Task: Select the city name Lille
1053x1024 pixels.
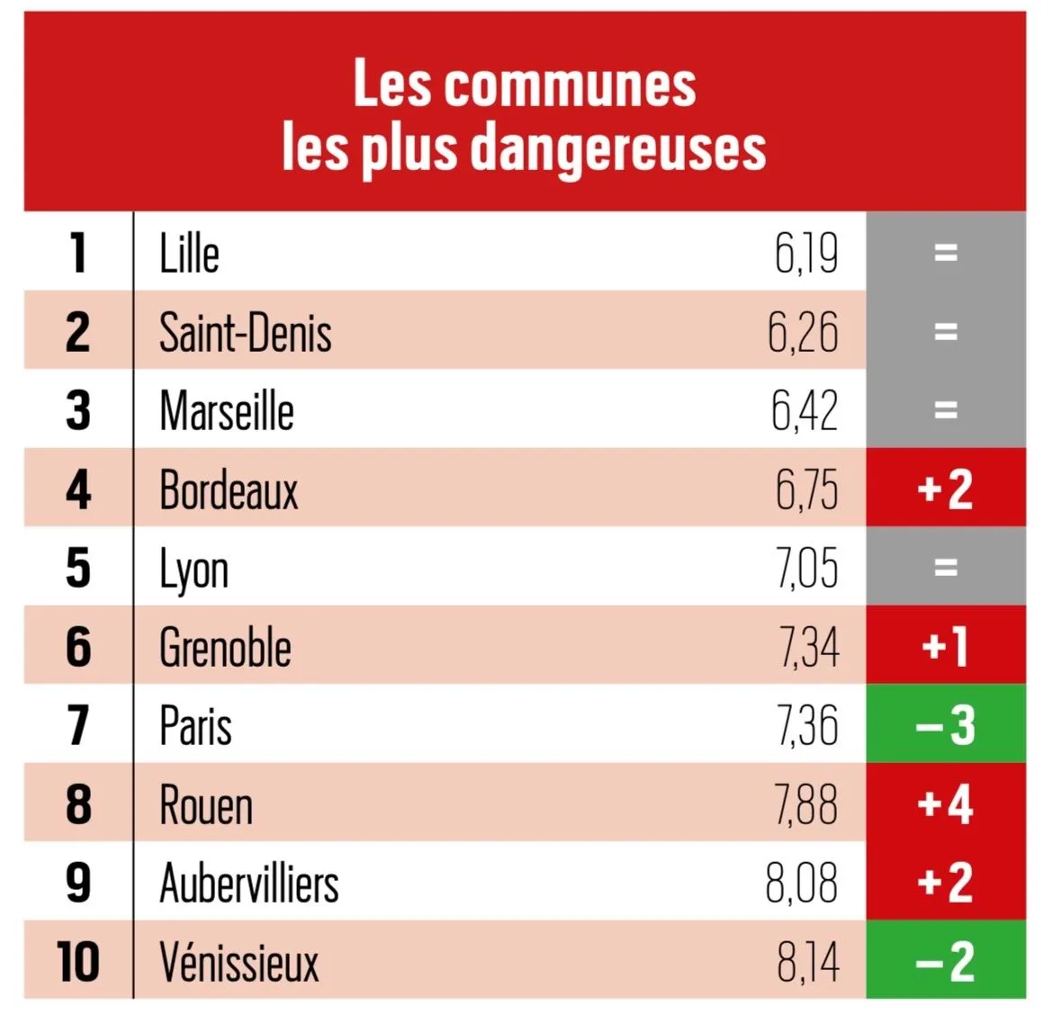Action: point(189,253)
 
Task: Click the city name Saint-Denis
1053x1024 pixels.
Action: point(246,332)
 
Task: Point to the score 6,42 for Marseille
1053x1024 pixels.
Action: point(805,410)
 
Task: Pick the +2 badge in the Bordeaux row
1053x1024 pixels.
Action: point(945,490)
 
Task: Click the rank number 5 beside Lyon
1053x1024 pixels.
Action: point(78,568)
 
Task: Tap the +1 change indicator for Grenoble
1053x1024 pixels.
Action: point(945,647)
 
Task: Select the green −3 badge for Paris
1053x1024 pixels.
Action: point(945,725)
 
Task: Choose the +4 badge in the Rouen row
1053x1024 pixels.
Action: point(945,804)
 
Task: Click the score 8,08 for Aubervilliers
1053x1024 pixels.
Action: point(802,883)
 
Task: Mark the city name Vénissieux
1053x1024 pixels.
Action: point(239,962)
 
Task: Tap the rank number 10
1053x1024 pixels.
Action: point(78,962)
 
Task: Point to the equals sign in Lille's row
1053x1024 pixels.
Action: point(945,253)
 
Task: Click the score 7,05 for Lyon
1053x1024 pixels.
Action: point(807,568)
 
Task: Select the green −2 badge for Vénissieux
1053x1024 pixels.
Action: point(945,961)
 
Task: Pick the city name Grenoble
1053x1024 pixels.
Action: point(225,647)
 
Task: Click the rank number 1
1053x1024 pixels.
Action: point(78,253)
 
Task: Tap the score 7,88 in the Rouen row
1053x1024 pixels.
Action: point(806,804)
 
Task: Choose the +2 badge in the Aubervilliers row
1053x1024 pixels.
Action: point(945,883)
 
